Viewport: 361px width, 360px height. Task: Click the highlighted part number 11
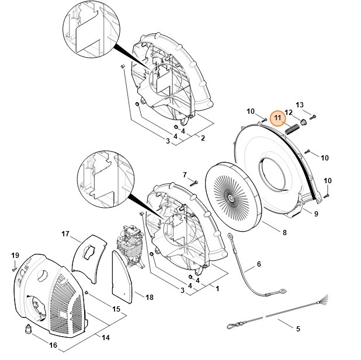click(x=278, y=117)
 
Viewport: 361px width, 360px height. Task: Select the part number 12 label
click(x=289, y=112)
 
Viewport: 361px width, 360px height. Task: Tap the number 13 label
click(x=300, y=104)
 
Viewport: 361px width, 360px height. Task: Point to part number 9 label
click(x=316, y=214)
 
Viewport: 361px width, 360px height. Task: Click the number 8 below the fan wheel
click(x=284, y=233)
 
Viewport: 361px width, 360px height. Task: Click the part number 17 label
click(x=65, y=234)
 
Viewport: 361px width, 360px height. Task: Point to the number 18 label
click(x=150, y=297)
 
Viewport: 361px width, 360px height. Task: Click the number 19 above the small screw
click(x=15, y=256)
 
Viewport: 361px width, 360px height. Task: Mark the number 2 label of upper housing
click(x=202, y=138)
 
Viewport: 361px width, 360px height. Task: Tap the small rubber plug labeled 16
click(x=29, y=330)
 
